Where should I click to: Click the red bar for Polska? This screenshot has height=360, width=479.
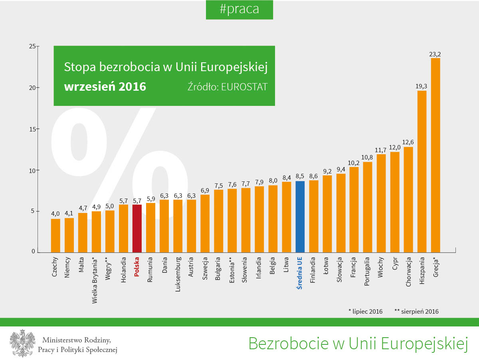click(x=137, y=228)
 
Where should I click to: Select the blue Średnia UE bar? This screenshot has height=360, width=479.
click(x=300, y=217)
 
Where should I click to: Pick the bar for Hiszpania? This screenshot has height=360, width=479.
click(x=422, y=171)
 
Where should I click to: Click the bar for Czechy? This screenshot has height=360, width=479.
click(x=55, y=235)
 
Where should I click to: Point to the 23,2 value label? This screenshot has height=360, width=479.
click(x=435, y=54)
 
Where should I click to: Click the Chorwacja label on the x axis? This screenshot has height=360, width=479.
click(x=408, y=272)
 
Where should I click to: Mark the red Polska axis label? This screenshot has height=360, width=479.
click(x=137, y=267)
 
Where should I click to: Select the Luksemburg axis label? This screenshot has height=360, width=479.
click(x=178, y=274)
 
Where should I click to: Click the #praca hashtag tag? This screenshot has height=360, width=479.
click(x=239, y=10)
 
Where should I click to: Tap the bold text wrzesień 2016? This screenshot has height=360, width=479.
click(x=105, y=86)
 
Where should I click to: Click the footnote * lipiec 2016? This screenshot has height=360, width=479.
click(x=365, y=311)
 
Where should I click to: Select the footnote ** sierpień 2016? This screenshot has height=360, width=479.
click(x=416, y=311)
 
